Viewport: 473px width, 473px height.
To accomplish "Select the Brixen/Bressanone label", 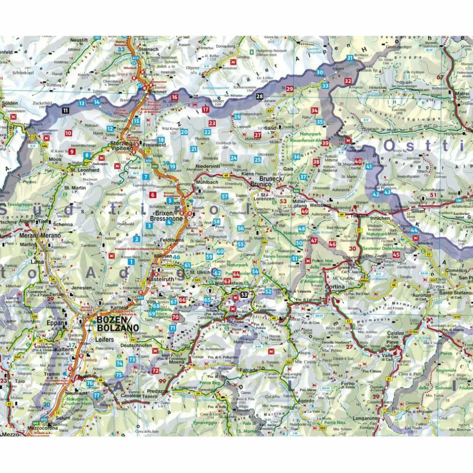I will (x=166, y=214).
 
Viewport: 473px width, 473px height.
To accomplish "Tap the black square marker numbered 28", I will (x=260, y=97).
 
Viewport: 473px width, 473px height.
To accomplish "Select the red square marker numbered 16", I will (x=174, y=97).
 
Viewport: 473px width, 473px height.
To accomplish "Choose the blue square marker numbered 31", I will (x=349, y=58).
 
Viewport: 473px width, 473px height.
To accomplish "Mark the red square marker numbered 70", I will (x=175, y=317).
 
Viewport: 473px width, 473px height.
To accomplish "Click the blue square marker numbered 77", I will (x=97, y=395).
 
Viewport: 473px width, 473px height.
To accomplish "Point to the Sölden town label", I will (x=9, y=103).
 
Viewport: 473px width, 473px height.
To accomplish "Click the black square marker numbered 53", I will (x=244, y=294).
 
